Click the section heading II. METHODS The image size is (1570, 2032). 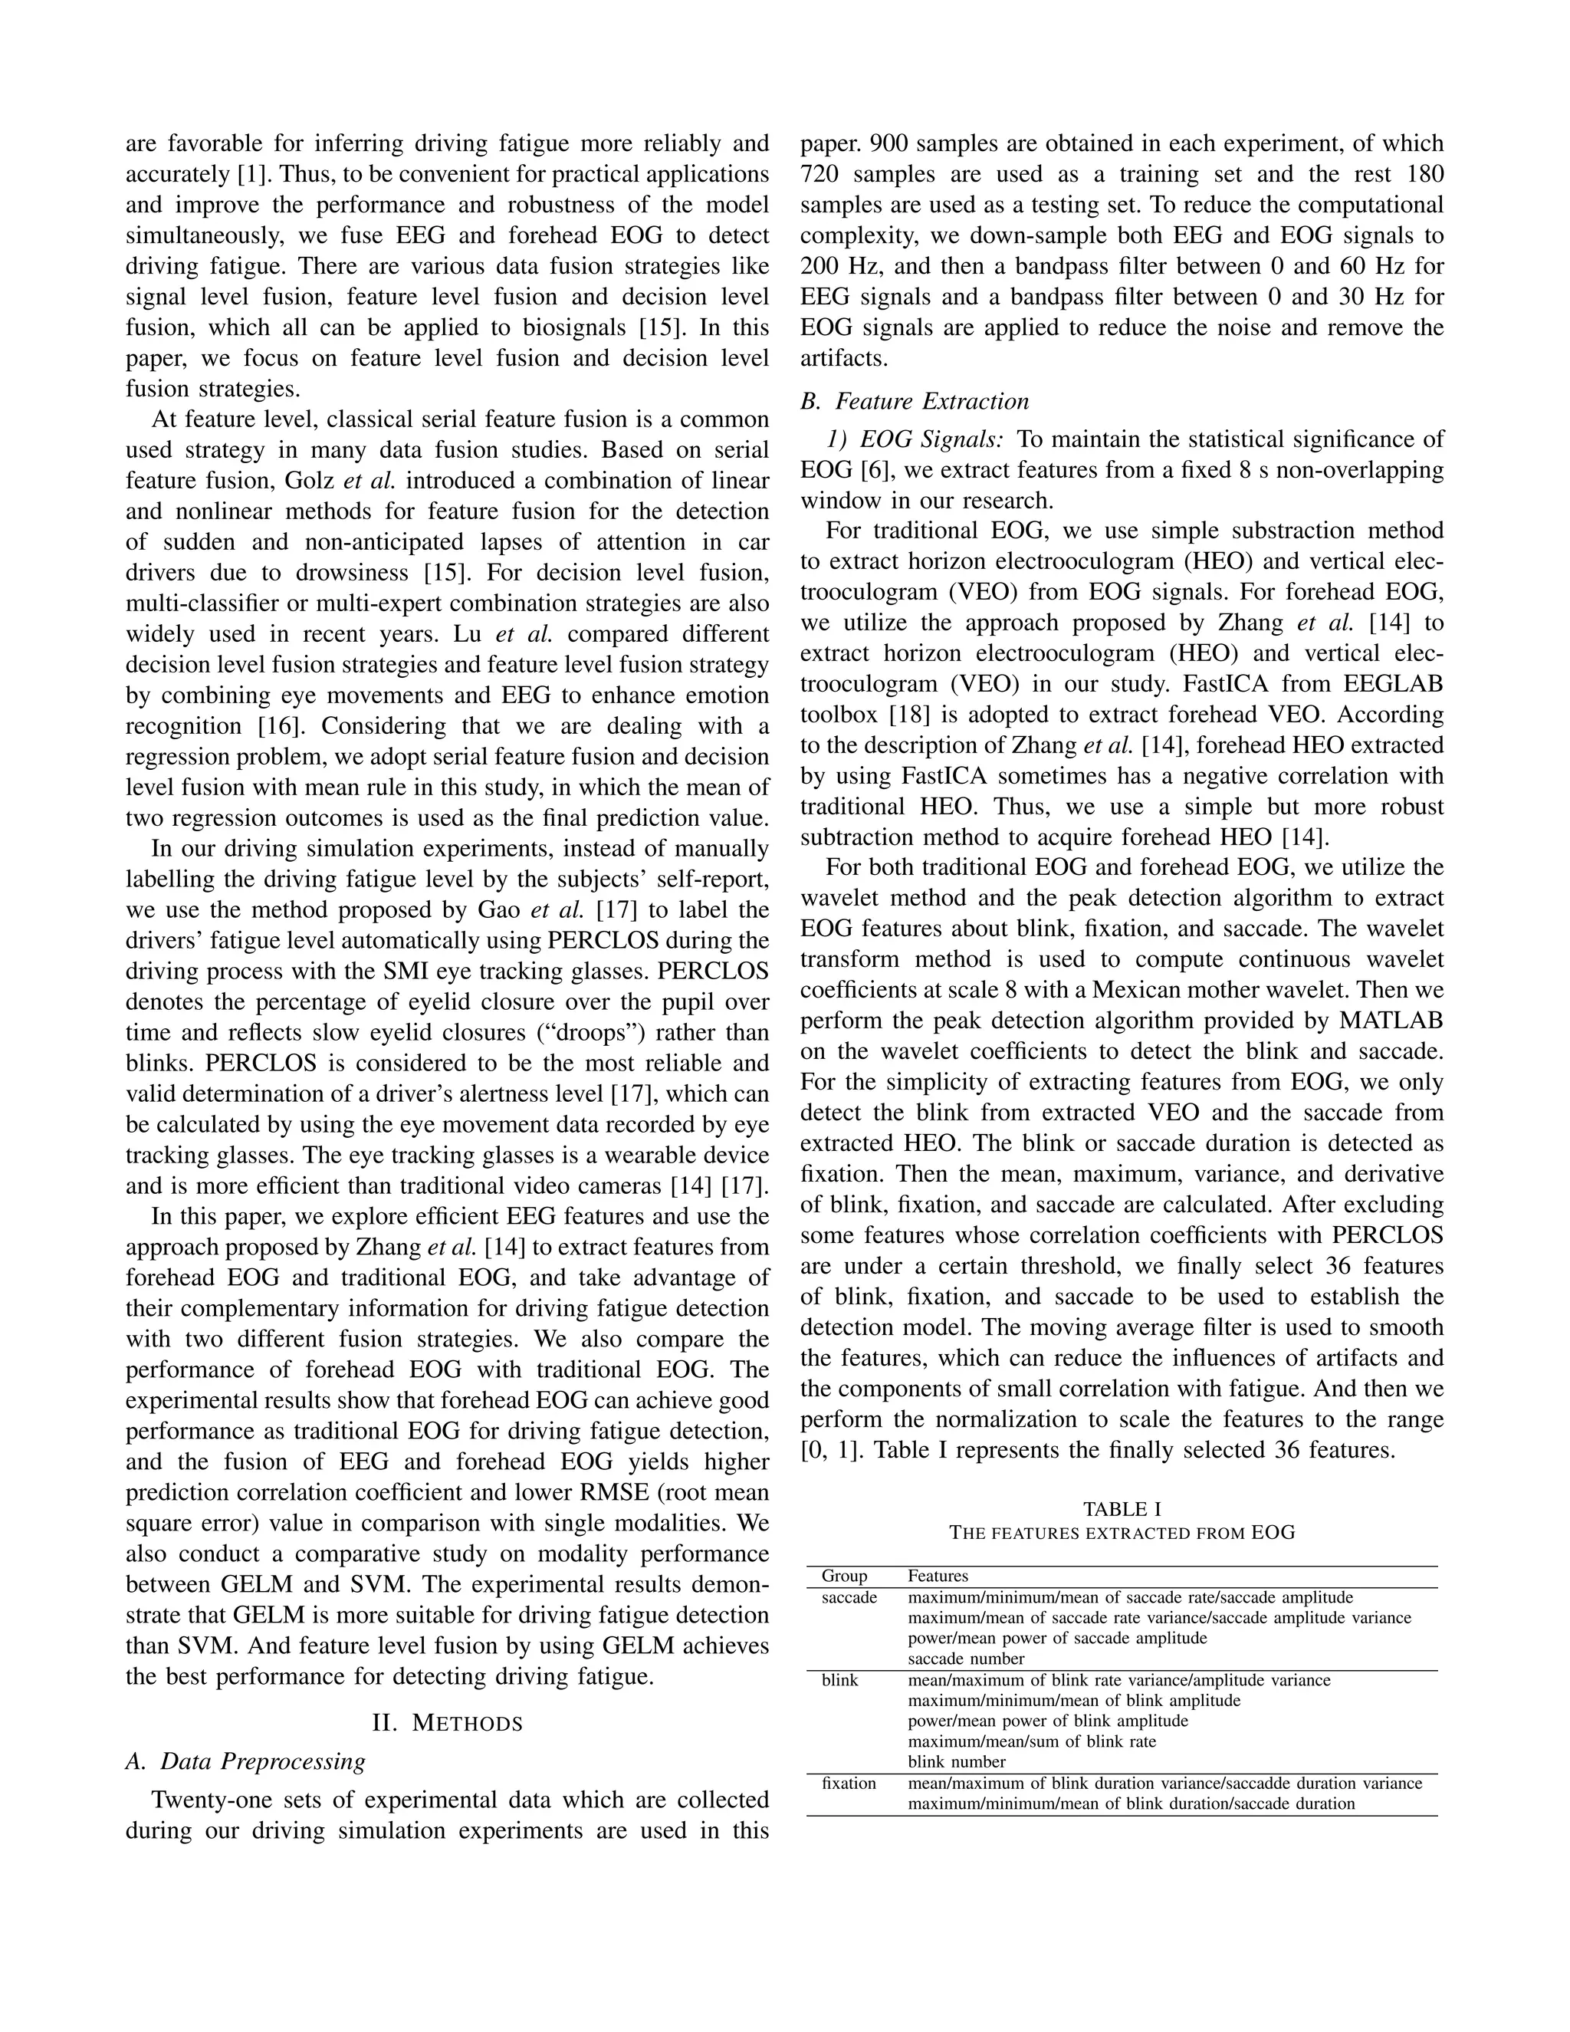(448, 1723)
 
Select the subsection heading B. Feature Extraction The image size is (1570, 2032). (915, 401)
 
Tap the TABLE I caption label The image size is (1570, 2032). (1122, 1509)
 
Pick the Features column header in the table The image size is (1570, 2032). (938, 1576)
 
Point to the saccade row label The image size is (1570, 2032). (849, 1597)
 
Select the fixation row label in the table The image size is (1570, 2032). (849, 1784)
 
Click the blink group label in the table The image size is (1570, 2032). (840, 1680)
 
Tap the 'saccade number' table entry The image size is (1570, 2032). (965, 1659)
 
